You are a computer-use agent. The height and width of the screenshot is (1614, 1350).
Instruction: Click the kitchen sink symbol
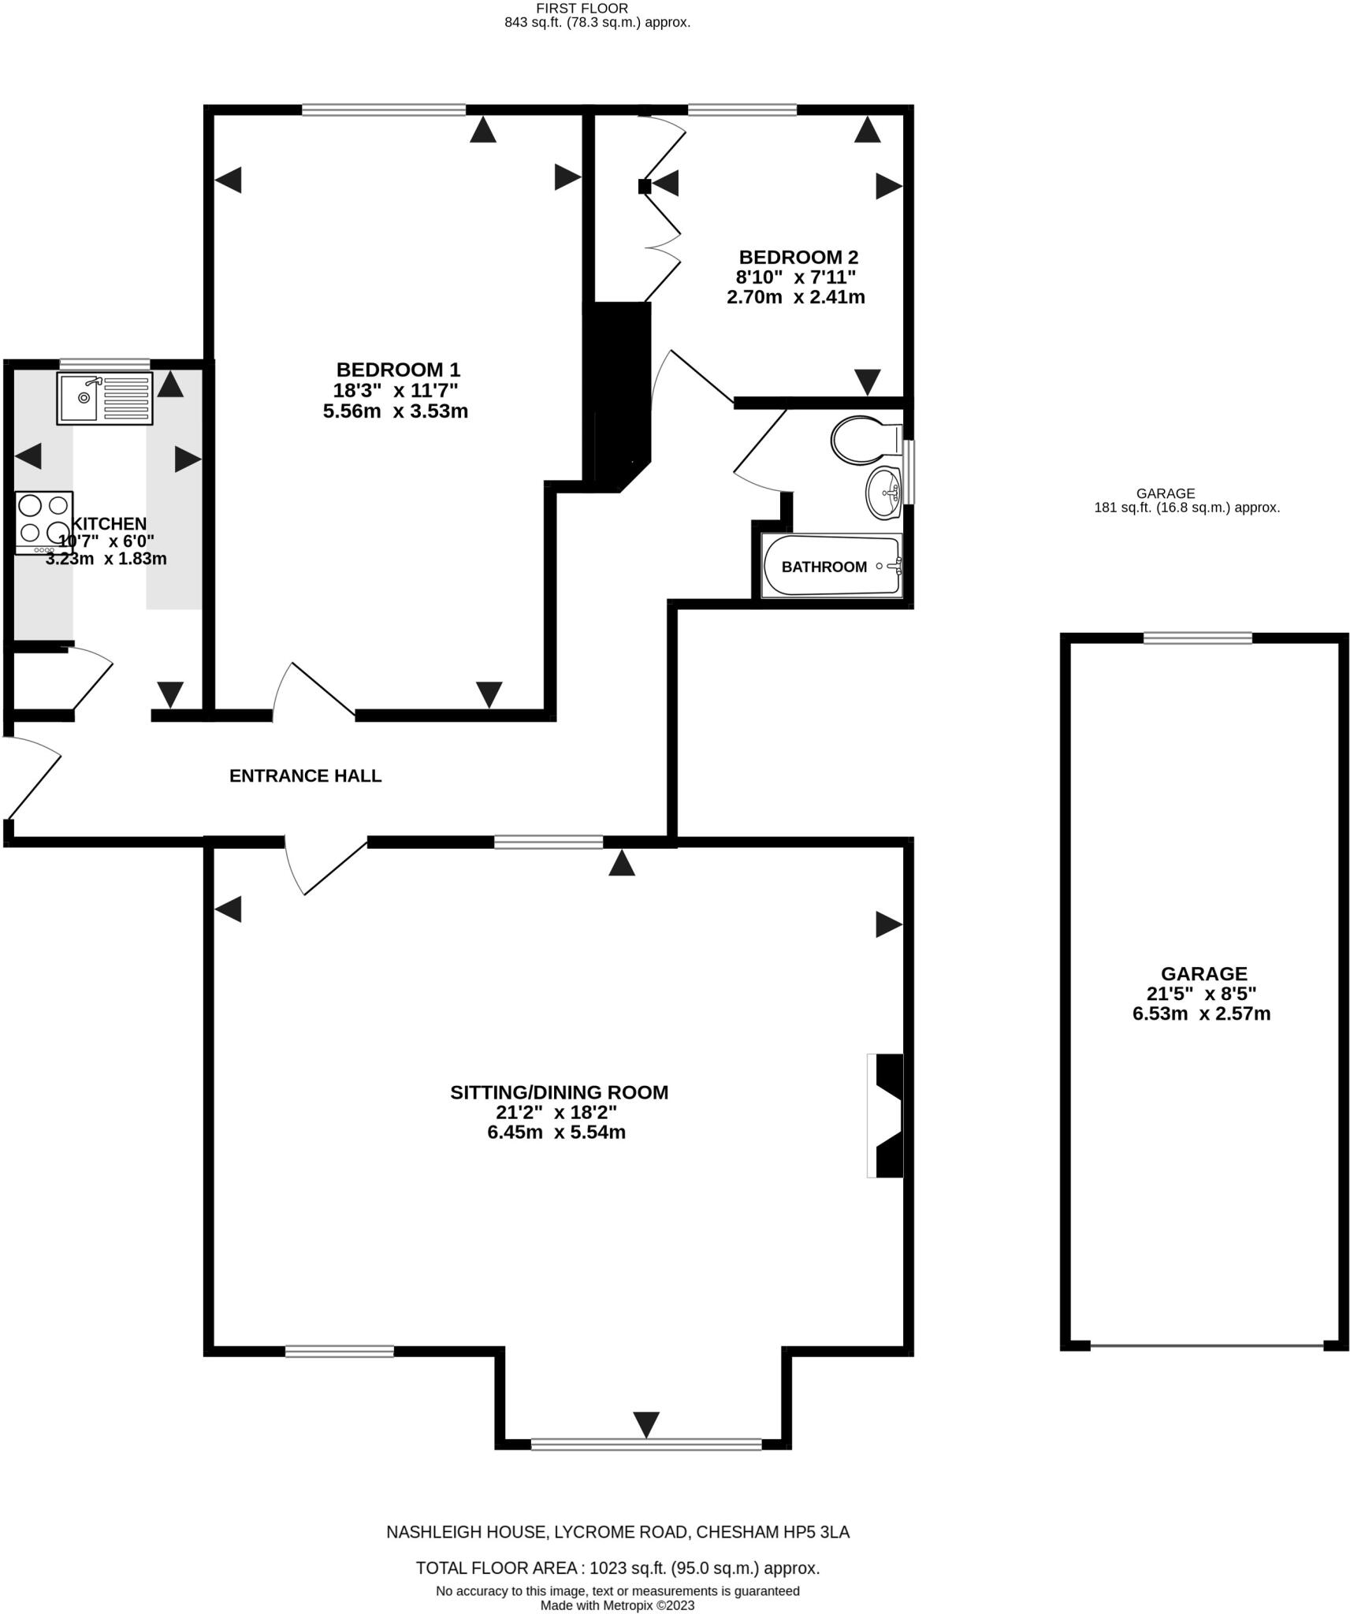(x=104, y=398)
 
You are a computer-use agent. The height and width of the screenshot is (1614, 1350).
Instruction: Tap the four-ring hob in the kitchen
(x=44, y=522)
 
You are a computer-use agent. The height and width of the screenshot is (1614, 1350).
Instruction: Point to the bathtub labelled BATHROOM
(x=831, y=566)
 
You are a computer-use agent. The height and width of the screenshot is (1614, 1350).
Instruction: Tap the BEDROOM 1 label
(x=397, y=369)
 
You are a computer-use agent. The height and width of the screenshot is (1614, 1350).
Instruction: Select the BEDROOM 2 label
(x=798, y=257)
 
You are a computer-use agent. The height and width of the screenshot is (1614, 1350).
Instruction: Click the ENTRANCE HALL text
(x=305, y=775)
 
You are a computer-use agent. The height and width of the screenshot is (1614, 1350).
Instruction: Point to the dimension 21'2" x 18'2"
(x=556, y=1112)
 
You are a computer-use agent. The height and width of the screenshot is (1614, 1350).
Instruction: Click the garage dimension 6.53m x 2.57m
(x=1201, y=1013)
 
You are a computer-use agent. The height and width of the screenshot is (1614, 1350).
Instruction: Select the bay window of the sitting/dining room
(x=645, y=1444)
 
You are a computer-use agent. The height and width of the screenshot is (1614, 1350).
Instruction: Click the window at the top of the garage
(x=1197, y=638)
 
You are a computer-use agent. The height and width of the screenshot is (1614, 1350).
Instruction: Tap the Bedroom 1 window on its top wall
(x=383, y=110)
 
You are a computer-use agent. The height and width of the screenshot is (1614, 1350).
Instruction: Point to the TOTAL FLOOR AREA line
(x=617, y=1568)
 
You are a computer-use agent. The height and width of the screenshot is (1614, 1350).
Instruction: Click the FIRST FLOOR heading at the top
(x=582, y=8)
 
